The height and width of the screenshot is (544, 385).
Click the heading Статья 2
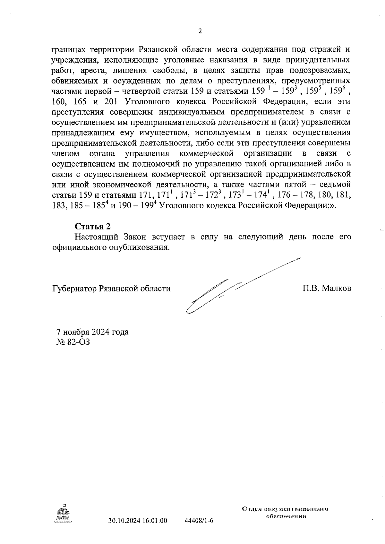click(x=93, y=227)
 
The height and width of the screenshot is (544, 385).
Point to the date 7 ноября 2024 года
click(x=92, y=332)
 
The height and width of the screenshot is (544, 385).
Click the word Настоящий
click(x=93, y=237)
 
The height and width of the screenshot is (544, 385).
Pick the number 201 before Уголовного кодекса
click(x=110, y=102)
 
